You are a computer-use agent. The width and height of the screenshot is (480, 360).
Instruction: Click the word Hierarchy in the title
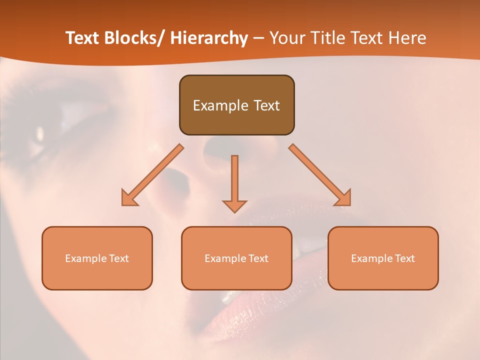209,38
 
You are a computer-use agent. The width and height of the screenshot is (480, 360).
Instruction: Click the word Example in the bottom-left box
85,258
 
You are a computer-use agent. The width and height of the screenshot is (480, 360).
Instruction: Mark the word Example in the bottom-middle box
224,258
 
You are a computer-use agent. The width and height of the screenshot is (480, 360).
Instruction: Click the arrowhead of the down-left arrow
129,198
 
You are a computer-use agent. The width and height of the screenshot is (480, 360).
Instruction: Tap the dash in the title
258,38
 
